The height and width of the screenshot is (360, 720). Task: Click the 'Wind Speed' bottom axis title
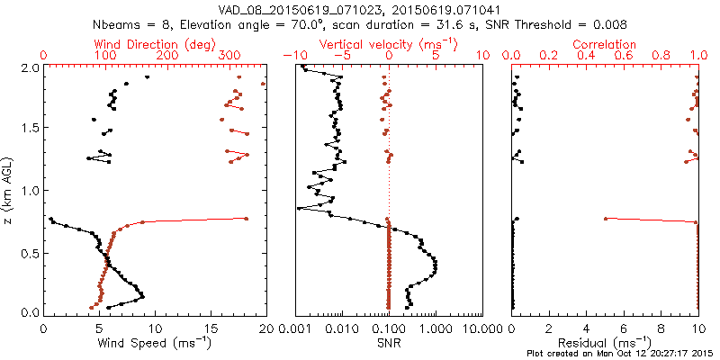(x=156, y=343)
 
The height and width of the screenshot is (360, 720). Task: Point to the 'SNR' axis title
(x=389, y=343)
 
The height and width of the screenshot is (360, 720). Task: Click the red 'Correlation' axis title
(x=605, y=43)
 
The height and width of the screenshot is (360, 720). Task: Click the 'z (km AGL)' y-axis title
(x=10, y=190)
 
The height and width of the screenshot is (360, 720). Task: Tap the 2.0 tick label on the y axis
(x=30, y=67)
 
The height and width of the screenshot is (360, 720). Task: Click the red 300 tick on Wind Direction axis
(x=229, y=56)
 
